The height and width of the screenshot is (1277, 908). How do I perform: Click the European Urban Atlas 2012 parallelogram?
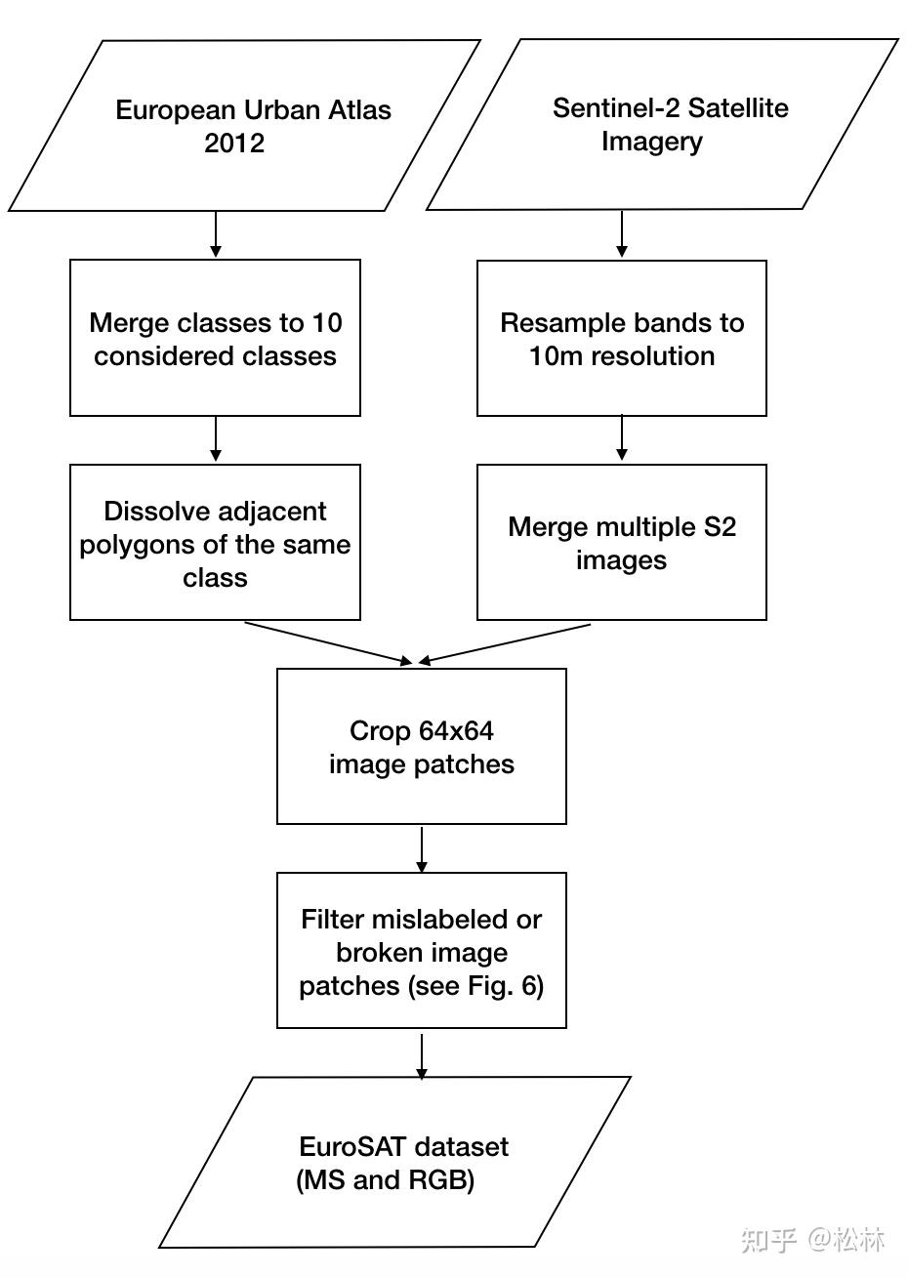tap(244, 126)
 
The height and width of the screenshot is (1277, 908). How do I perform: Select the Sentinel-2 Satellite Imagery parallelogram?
tap(662, 125)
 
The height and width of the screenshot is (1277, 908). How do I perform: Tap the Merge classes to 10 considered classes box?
tap(215, 338)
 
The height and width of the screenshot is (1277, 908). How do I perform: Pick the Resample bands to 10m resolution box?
tap(621, 338)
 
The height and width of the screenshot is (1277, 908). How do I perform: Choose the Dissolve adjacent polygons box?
tap(215, 542)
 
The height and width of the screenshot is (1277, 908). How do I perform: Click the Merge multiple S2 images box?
tap(621, 542)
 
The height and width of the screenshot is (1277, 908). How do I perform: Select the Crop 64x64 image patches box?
tap(421, 746)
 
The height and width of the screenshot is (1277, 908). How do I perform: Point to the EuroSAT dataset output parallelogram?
tap(395, 1162)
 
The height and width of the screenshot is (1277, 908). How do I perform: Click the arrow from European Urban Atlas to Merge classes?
tap(216, 234)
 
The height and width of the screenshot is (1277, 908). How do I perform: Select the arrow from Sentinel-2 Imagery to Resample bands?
tap(622, 234)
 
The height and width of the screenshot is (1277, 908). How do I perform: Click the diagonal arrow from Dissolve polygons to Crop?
tap(327, 642)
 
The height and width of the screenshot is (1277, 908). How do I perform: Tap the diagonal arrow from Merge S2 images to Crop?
tap(506, 642)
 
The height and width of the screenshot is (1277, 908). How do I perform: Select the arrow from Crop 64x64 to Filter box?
tap(422, 848)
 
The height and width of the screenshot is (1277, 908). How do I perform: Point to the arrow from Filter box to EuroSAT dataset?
tap(422, 1054)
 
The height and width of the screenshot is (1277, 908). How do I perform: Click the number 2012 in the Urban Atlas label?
tap(234, 144)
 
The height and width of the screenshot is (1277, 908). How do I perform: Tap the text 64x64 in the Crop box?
tap(456, 731)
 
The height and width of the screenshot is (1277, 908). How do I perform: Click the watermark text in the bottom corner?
tap(812, 1240)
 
